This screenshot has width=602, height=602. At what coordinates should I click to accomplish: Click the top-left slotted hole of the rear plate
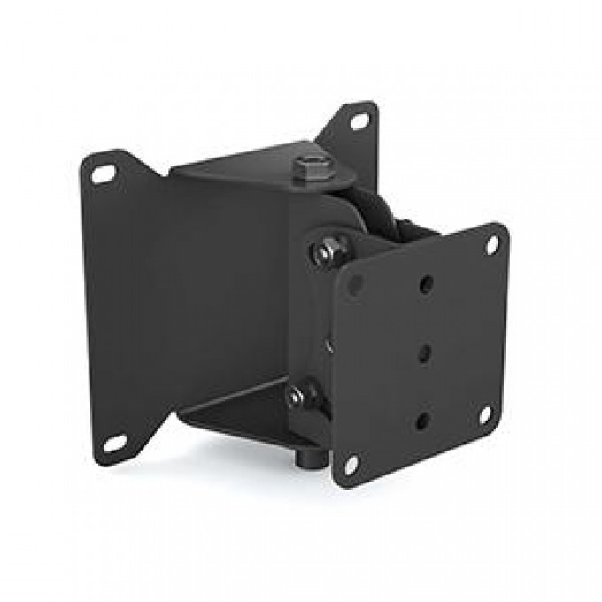(104, 175)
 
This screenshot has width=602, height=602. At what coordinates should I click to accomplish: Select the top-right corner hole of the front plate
(491, 245)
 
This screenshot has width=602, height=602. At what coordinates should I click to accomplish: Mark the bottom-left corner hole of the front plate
(351, 463)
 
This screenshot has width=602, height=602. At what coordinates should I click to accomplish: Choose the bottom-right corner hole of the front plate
(484, 413)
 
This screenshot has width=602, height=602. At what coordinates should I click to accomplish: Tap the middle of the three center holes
(424, 352)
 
